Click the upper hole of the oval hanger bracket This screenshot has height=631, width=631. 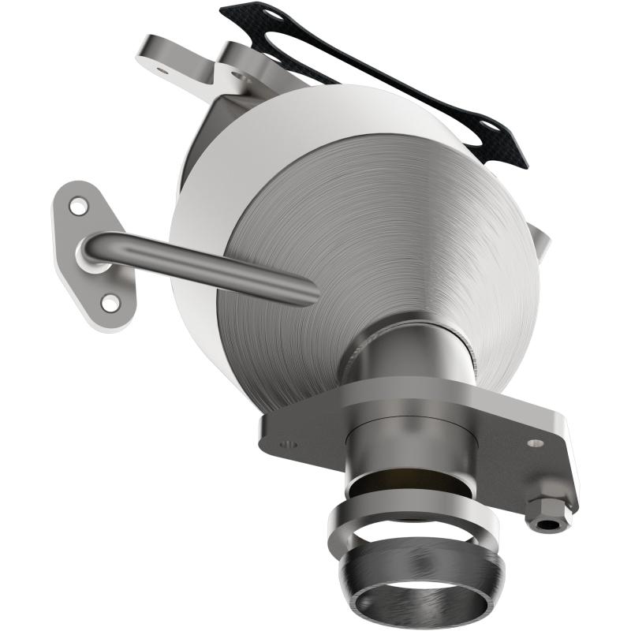point(78,207)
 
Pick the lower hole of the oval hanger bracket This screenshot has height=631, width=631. point(110,301)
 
